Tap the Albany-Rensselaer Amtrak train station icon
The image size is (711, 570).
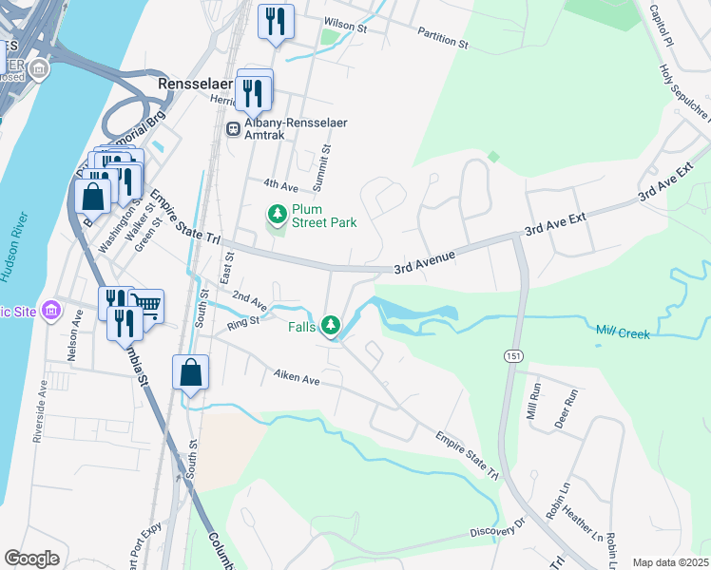click(233, 129)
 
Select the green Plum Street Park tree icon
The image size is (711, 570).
click(278, 215)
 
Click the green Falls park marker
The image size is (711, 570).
click(331, 326)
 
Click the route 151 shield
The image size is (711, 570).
click(511, 354)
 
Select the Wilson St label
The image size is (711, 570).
click(346, 22)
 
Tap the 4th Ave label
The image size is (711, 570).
click(274, 183)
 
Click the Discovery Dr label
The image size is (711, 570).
click(497, 528)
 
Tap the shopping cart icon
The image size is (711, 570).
click(146, 304)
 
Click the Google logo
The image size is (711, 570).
click(31, 559)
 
